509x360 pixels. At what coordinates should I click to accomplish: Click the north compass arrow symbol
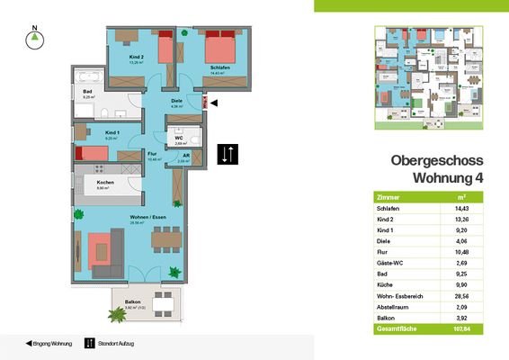(34, 38)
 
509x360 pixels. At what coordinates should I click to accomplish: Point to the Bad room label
(88, 92)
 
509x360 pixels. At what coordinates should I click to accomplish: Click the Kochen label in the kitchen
(105, 184)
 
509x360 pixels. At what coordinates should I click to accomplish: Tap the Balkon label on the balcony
(131, 303)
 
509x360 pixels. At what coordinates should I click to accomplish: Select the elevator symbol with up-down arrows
(228, 154)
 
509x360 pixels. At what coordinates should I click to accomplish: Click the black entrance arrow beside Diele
(213, 104)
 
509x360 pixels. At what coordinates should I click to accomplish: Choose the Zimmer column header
(388, 196)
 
